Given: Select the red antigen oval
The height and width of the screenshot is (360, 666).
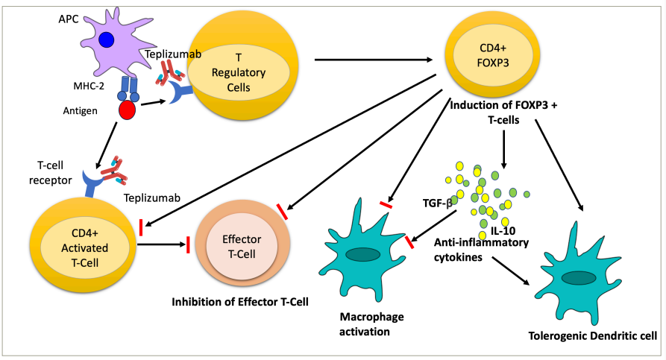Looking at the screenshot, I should click(128, 110).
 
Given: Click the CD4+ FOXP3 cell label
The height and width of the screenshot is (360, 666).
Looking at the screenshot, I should click(494, 54).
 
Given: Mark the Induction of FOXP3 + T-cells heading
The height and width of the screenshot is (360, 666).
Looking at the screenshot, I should click(503, 113).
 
